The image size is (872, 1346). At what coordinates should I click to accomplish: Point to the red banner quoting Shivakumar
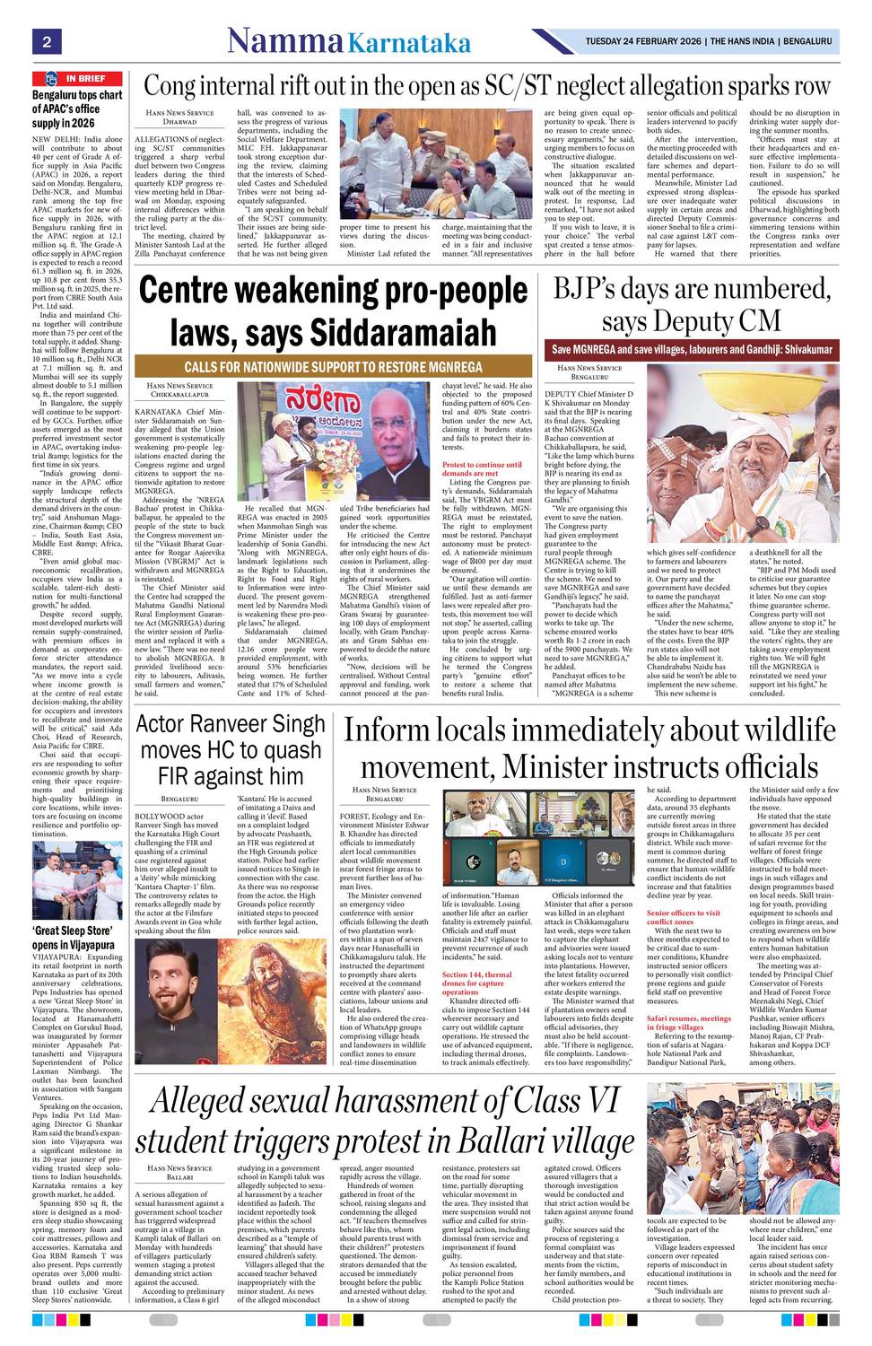692,349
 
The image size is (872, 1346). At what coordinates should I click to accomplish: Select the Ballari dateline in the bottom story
179,1176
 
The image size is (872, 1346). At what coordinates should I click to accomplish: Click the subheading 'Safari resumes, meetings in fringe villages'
689,1023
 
